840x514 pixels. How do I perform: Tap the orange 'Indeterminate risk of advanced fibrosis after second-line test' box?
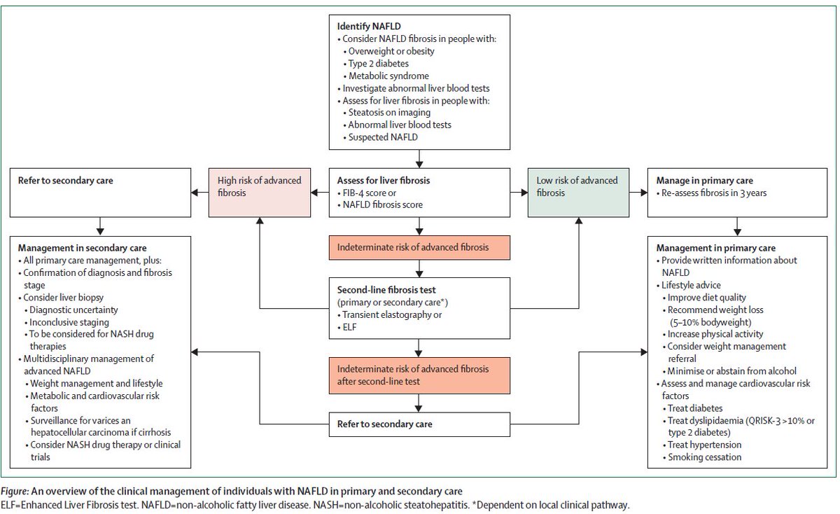(418, 375)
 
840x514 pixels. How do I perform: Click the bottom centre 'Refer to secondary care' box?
(418, 424)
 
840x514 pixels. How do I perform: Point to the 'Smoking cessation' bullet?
(705, 457)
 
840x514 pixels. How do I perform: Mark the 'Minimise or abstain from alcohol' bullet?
(731, 370)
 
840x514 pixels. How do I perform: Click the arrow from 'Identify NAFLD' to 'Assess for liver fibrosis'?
(418, 158)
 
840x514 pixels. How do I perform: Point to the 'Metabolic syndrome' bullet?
(390, 76)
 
